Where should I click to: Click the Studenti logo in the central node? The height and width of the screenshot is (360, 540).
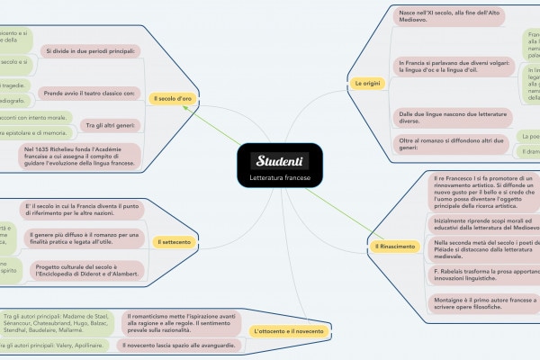(x=281, y=161)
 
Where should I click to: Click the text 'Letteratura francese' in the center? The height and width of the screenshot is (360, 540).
(x=281, y=179)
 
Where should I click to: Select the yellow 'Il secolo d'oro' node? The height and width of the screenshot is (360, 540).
(x=172, y=97)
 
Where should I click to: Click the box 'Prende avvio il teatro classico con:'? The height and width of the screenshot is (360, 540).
(x=89, y=93)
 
